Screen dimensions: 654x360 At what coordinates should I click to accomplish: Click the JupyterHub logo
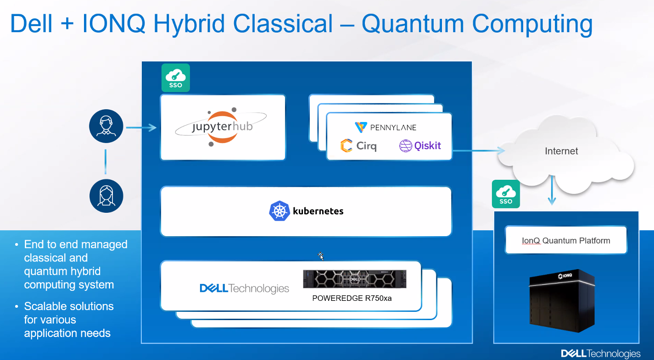pos(221,127)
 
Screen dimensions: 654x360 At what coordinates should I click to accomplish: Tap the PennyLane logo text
pos(393,127)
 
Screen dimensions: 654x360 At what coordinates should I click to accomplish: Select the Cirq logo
pos(358,145)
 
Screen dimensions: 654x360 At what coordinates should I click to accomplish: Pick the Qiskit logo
pos(420,145)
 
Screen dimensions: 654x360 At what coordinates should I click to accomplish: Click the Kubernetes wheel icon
pos(279,211)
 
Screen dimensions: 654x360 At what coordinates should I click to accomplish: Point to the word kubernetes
pos(318,211)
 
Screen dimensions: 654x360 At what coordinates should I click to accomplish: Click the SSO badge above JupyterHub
pos(175,78)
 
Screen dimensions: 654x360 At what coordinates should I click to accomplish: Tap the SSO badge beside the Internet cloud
pos(506,194)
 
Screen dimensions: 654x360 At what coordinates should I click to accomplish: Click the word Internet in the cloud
pos(561,151)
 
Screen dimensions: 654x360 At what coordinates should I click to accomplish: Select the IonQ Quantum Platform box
pos(566,240)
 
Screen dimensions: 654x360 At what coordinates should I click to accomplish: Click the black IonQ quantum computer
pos(562,301)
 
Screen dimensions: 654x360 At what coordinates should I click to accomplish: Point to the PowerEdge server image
pos(354,279)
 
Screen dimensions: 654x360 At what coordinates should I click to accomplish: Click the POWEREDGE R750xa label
pos(352,298)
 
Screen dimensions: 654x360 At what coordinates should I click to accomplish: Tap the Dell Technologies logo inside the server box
pos(244,288)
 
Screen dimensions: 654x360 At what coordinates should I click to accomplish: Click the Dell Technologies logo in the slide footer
pos(601,354)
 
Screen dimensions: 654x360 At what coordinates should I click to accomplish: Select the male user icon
pos(106,126)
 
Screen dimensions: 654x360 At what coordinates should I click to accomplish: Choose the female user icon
pos(106,196)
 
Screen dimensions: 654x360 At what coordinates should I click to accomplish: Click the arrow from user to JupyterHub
pos(141,127)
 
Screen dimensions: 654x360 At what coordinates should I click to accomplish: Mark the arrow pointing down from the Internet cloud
pos(552,190)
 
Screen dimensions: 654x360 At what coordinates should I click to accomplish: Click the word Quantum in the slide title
pos(413,24)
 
